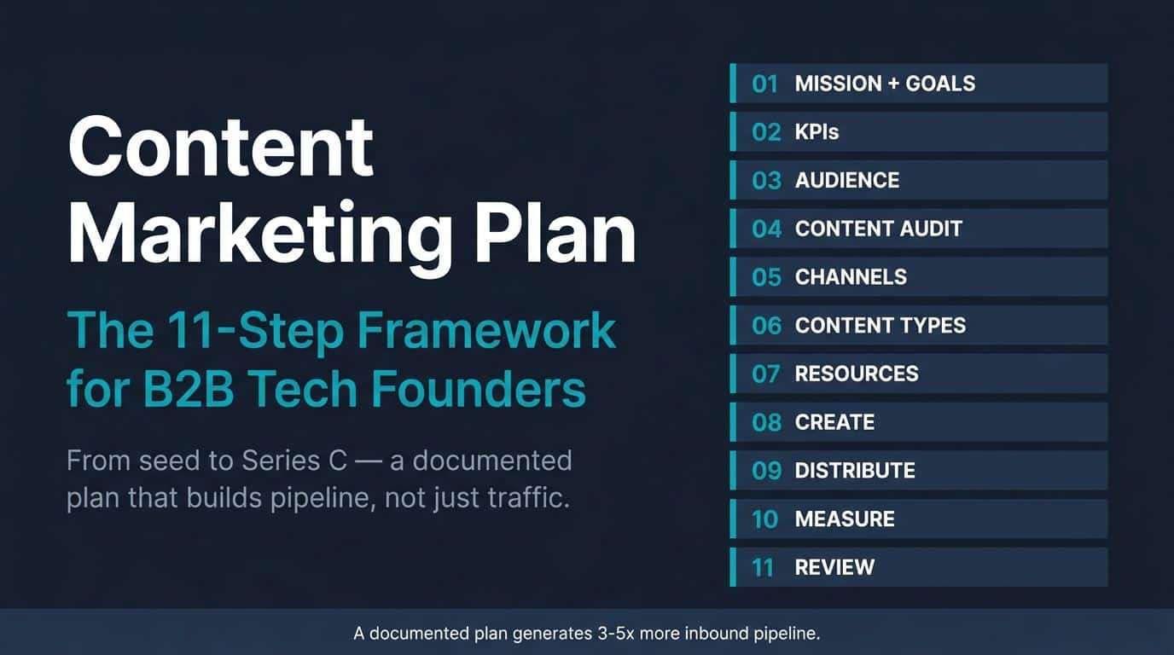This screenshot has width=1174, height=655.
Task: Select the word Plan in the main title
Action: tap(555, 232)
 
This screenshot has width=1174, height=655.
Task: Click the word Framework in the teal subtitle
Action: tap(486, 330)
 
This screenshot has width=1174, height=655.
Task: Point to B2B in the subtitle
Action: tap(188, 388)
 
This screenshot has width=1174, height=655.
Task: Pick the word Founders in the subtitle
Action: tap(479, 388)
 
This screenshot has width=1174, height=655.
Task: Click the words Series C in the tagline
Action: tap(294, 461)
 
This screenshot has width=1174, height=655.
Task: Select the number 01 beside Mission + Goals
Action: tap(764, 84)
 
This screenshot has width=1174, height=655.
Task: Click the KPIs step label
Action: tap(817, 132)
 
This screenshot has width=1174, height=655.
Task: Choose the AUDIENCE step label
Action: tap(847, 180)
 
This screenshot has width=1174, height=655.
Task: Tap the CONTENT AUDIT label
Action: tap(879, 229)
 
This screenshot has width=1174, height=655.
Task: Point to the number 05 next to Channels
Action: tap(766, 277)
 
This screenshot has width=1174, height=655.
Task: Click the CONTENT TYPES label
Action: tap(880, 326)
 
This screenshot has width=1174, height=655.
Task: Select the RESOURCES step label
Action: tap(857, 374)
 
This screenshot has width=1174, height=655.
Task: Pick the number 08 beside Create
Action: tap(766, 422)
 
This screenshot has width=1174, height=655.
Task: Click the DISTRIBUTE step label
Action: tap(855, 471)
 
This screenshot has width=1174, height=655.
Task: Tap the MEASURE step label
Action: tap(845, 519)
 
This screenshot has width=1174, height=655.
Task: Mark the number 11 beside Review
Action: tap(763, 567)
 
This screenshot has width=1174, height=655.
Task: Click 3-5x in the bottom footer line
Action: tap(616, 634)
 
